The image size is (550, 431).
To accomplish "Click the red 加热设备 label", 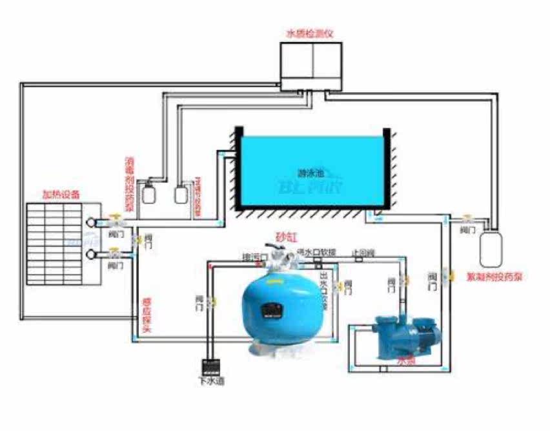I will pos(62,194).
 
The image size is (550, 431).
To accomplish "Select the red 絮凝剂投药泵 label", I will pos(494,277).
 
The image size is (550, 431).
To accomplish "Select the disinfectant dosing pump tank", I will pos(151,193).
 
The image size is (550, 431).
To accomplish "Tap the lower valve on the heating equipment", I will pos(115,252).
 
